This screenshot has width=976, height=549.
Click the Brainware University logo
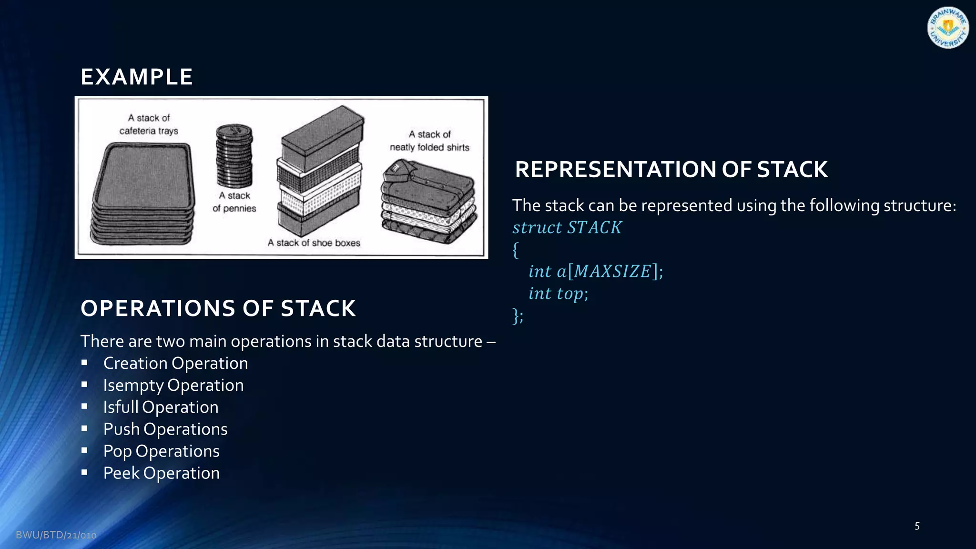point(947,28)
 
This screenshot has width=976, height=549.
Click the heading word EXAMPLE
point(137,77)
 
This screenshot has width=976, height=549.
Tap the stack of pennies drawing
point(234,156)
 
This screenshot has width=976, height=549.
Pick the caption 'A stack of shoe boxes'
point(314,243)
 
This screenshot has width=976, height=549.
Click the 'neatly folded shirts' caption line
point(429,147)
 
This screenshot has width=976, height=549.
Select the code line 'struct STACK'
point(567,227)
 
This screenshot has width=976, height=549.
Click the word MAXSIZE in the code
point(612,271)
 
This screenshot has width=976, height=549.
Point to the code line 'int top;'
point(558,294)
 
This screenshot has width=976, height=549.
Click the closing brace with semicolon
point(518,315)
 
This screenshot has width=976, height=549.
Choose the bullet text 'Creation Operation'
point(175,363)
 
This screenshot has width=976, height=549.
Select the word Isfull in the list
point(121,407)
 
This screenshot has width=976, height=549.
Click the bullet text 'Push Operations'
point(165,429)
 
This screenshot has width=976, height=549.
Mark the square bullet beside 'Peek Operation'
point(84,472)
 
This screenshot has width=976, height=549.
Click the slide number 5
point(917,526)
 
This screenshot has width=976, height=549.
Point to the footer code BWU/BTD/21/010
point(56,535)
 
